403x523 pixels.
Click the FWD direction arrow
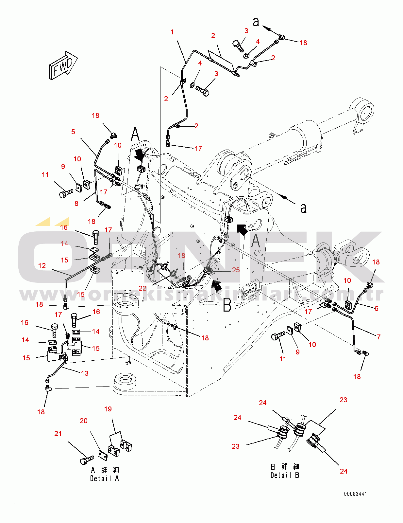click(x=63, y=65)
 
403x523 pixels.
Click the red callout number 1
click(x=172, y=32)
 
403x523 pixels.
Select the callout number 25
click(x=236, y=270)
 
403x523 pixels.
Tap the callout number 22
click(x=143, y=288)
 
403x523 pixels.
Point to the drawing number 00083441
click(x=355, y=494)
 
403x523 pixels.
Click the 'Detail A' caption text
click(x=105, y=478)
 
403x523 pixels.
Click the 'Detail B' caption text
click(x=285, y=475)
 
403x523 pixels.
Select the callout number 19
click(x=108, y=409)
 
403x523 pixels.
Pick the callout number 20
click(x=84, y=421)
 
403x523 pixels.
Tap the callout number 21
click(x=58, y=434)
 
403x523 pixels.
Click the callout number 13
click(x=85, y=373)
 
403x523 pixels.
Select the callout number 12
click(x=42, y=266)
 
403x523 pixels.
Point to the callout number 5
click(x=73, y=132)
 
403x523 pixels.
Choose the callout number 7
click(x=378, y=337)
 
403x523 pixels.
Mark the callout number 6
click(x=377, y=308)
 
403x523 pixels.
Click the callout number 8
click(x=76, y=204)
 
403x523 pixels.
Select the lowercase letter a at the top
click(x=256, y=22)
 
